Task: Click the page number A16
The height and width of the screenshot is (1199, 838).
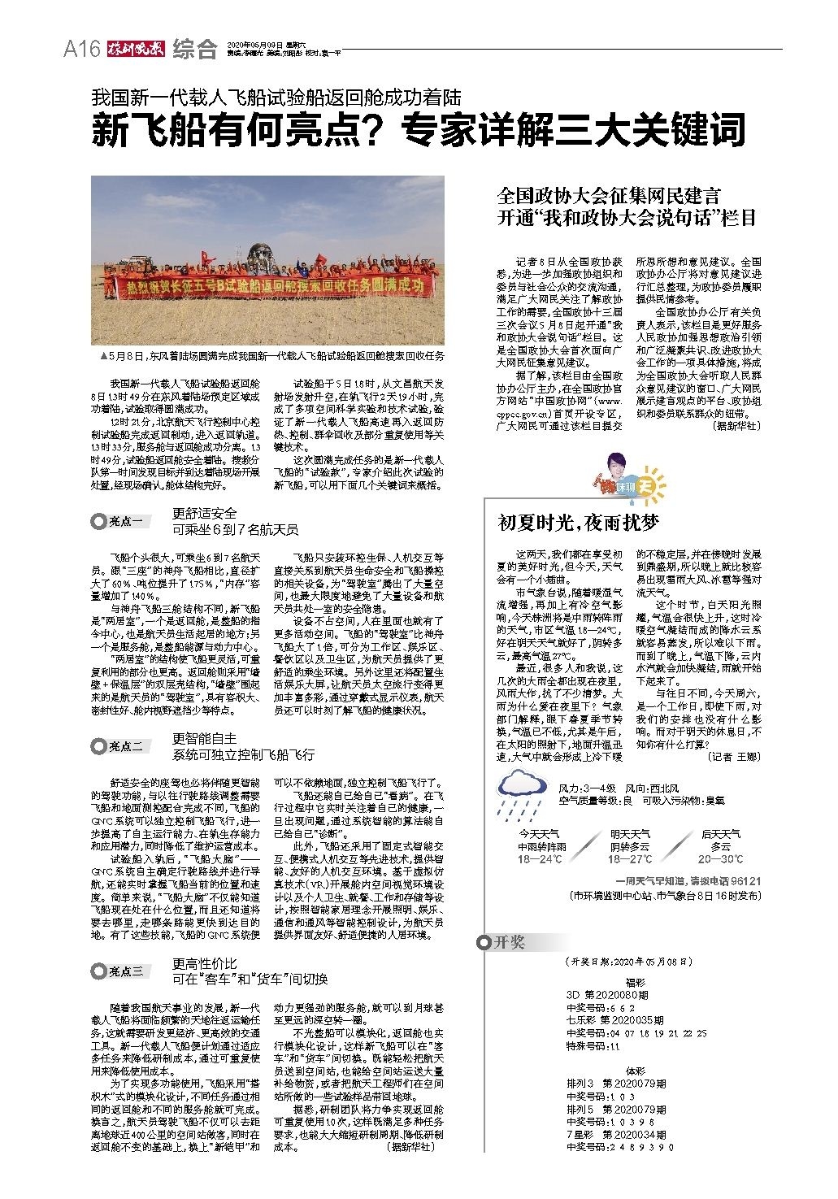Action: tap(81, 50)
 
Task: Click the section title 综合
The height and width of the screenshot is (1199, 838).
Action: tap(195, 50)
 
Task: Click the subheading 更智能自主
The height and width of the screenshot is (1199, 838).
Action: tap(205, 738)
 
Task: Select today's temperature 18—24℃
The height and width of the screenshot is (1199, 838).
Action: tap(541, 858)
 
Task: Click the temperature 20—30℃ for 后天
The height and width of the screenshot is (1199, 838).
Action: tap(720, 858)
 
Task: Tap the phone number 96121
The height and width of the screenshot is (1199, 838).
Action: tap(745, 880)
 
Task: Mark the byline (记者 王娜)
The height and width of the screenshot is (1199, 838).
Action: tap(733, 756)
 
